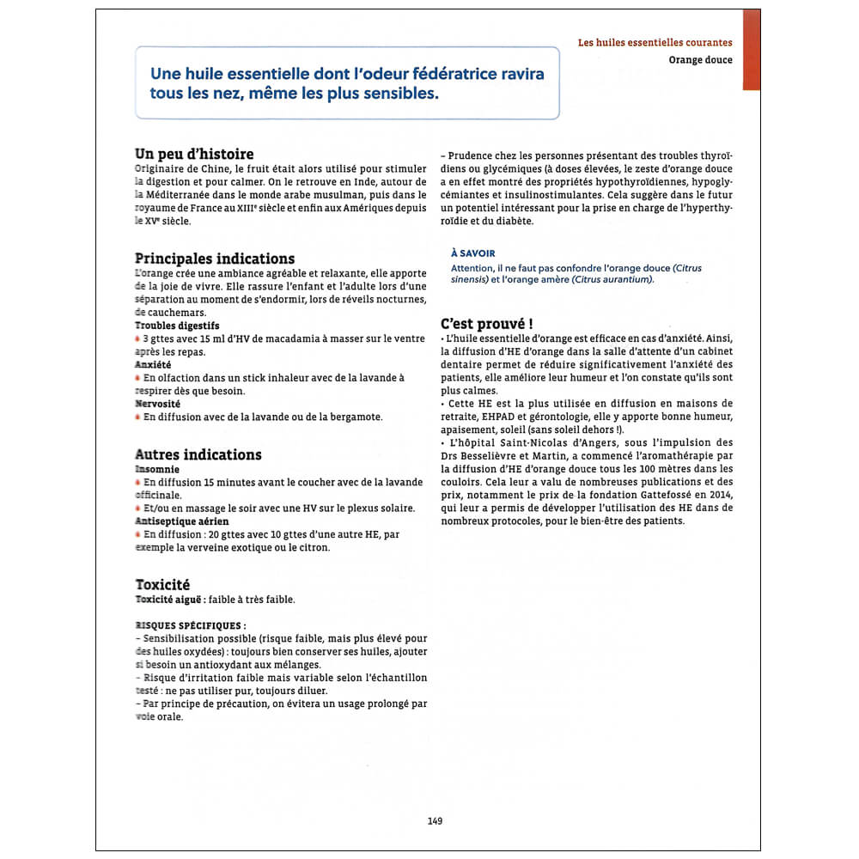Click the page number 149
tap(435, 821)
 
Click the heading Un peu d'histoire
tap(194, 154)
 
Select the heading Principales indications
tap(215, 259)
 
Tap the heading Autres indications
tap(198, 454)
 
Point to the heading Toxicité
tap(162, 584)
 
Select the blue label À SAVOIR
tap(472, 253)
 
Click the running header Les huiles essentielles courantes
tap(655, 42)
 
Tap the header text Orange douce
tap(701, 60)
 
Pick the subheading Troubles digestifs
tap(177, 326)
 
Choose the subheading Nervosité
tap(157, 403)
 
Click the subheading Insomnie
tap(157, 470)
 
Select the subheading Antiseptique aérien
tap(182, 521)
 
